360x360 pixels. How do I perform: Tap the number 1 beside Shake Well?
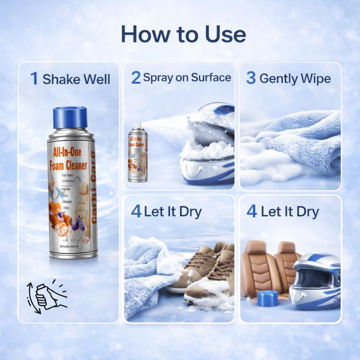pos(34,78)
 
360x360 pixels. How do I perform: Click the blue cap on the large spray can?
pos(70,117)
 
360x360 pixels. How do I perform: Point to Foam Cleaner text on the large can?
pos(68,165)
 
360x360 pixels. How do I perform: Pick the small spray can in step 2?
pos(138,153)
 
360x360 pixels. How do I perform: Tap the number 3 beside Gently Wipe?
pos(251,78)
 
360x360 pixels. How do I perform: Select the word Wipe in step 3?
pos(315,78)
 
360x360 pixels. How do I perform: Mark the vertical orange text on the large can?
pos(93,187)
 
